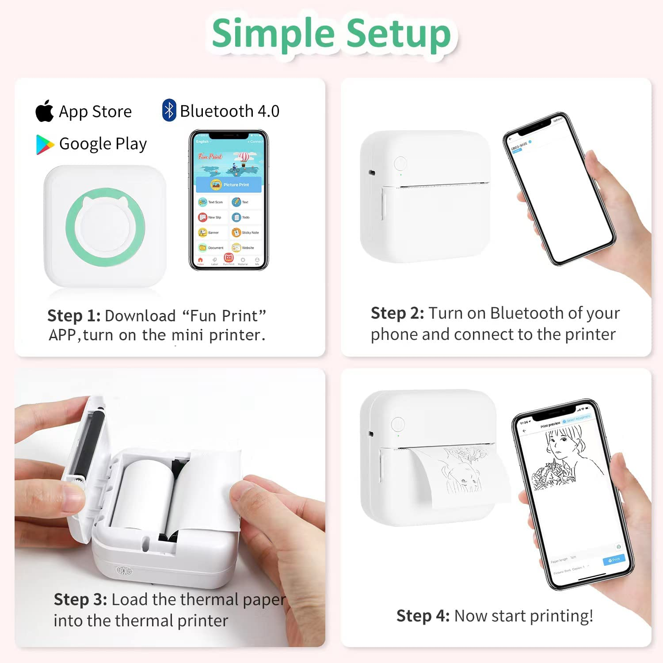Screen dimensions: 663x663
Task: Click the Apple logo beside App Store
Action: click(45, 111)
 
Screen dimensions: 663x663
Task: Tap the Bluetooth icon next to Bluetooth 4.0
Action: click(169, 110)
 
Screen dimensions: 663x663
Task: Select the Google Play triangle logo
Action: click(45, 145)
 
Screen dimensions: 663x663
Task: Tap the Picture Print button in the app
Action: click(229, 184)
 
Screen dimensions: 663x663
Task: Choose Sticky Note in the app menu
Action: click(245, 232)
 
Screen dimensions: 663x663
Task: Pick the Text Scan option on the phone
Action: click(211, 202)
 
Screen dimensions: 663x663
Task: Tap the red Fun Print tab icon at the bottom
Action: click(229, 258)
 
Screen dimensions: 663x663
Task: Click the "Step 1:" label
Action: click(74, 316)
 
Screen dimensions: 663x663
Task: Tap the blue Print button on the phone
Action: click(614, 560)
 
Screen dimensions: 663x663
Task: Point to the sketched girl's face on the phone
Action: click(559, 446)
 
